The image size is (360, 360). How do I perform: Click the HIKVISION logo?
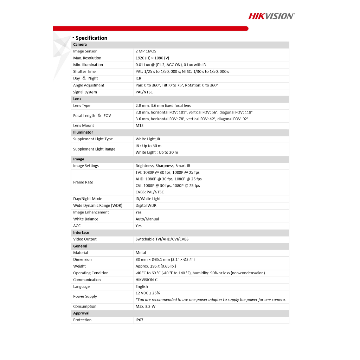(271, 16)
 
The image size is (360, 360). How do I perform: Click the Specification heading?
(91, 38)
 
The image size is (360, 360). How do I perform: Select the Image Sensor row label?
(85, 51)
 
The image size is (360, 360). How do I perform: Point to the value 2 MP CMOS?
(146, 51)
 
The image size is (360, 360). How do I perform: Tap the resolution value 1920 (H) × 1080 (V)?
(152, 58)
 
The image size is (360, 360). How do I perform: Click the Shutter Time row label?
(84, 71)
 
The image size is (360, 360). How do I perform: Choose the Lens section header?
(77, 99)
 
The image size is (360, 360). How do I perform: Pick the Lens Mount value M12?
(140, 126)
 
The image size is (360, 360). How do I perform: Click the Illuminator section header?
(83, 132)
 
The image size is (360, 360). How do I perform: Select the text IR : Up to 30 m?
(148, 146)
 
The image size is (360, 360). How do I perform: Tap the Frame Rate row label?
(83, 182)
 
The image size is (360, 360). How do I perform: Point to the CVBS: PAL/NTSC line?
(150, 192)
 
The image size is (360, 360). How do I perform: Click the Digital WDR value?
(146, 205)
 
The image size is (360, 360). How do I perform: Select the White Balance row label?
(86, 219)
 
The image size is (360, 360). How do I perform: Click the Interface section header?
(81, 232)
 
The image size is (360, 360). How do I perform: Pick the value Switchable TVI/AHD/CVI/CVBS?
(162, 239)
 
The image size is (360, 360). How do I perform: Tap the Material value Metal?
(141, 252)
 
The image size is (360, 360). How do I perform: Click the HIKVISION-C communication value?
(147, 280)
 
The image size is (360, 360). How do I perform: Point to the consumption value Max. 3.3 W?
(146, 306)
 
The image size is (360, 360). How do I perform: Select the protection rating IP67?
(140, 320)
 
